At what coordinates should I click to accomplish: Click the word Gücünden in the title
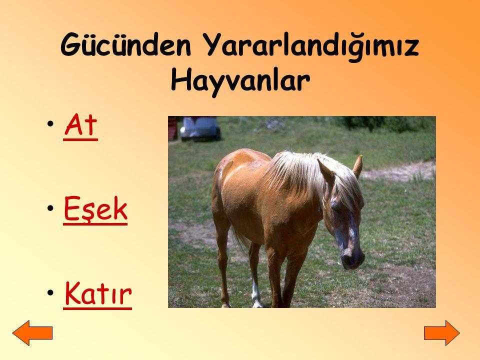126,44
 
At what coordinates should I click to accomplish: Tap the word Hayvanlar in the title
240,80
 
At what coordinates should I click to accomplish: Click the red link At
81,126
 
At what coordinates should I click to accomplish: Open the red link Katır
98,294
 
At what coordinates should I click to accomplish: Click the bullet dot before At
50,124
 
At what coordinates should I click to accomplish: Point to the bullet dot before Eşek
50,208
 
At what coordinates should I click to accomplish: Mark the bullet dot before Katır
50,292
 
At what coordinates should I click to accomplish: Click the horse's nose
352,258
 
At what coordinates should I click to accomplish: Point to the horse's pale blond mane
309,174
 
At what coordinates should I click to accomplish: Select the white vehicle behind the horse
199,128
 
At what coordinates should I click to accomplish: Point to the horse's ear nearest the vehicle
326,171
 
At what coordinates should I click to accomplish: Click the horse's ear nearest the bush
357,166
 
